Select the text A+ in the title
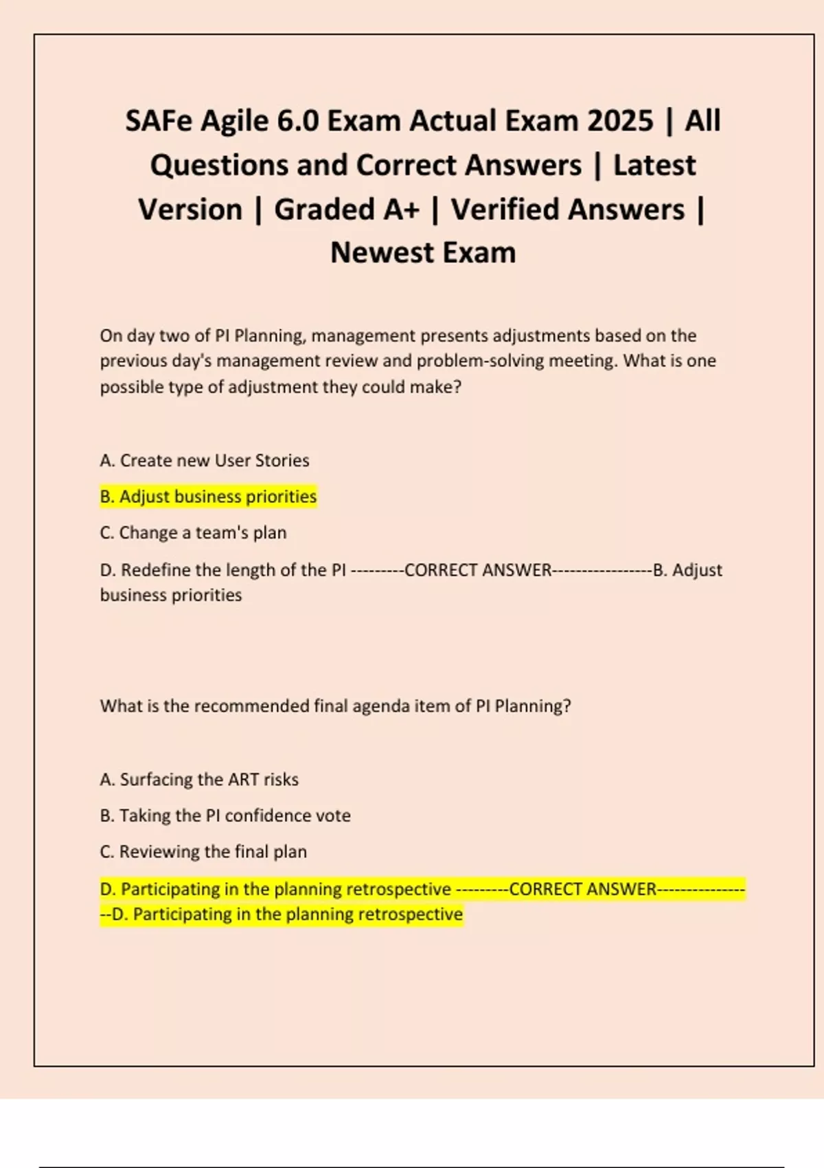click(x=401, y=210)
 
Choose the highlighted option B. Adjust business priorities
click(x=208, y=497)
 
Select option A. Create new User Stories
click(x=205, y=460)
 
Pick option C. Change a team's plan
click(x=193, y=533)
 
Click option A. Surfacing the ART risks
click(x=199, y=780)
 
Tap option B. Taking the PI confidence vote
click(x=225, y=816)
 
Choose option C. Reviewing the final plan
click(x=203, y=852)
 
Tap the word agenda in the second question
click(x=382, y=706)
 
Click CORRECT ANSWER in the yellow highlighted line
click(x=582, y=889)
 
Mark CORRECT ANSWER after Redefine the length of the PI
click(x=478, y=570)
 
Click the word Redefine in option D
click(x=156, y=570)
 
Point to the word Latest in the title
click(x=654, y=166)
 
